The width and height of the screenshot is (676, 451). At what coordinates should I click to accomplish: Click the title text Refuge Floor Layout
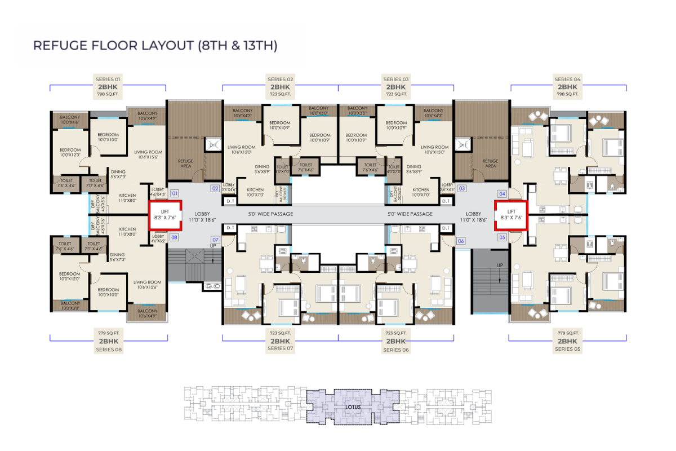point(155,46)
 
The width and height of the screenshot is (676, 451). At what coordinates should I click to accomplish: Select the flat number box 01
point(175,193)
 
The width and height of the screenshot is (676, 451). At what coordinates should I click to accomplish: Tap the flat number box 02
point(215,188)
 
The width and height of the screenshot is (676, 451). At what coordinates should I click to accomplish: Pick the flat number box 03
point(462,188)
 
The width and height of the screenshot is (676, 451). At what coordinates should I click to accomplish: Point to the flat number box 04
point(502,193)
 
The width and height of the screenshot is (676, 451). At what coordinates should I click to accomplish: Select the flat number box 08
point(175,237)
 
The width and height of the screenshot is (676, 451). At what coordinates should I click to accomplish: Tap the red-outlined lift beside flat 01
point(165,215)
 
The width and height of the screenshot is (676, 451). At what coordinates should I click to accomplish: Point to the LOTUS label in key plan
point(353,406)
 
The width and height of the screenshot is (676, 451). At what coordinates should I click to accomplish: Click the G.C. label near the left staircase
point(212,287)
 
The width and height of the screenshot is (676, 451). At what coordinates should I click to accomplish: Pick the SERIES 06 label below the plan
point(396,350)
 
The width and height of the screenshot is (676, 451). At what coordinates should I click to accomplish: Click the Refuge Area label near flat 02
point(185,164)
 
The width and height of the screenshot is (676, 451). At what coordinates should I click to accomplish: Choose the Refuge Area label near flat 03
point(491,163)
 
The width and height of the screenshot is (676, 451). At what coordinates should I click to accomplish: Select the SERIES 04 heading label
point(567,79)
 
